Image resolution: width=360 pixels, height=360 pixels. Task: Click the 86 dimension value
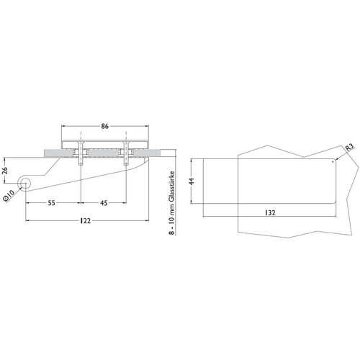click(105, 126)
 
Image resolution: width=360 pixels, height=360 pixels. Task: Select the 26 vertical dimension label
click(5, 171)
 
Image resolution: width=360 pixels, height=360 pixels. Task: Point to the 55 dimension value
click(51, 203)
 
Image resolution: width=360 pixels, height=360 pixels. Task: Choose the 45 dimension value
click(104, 203)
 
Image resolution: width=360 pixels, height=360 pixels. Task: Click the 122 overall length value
click(85, 220)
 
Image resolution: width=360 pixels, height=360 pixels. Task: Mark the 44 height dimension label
click(192, 181)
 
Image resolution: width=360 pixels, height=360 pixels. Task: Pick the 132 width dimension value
click(270, 212)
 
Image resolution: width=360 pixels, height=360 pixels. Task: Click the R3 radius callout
click(349, 147)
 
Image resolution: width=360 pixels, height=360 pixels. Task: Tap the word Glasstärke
click(172, 186)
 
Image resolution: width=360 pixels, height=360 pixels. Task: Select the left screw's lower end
click(81, 164)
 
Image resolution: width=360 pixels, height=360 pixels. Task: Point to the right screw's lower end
click(126, 164)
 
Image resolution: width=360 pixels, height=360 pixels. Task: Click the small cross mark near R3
click(333, 162)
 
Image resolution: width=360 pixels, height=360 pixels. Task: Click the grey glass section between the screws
click(103, 153)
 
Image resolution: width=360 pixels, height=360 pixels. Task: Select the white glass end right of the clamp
click(168, 153)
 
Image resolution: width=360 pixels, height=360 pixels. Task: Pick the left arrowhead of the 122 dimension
click(27, 220)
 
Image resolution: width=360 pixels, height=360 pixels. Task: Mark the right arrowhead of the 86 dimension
click(147, 126)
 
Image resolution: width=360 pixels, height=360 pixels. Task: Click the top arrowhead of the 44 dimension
click(192, 161)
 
